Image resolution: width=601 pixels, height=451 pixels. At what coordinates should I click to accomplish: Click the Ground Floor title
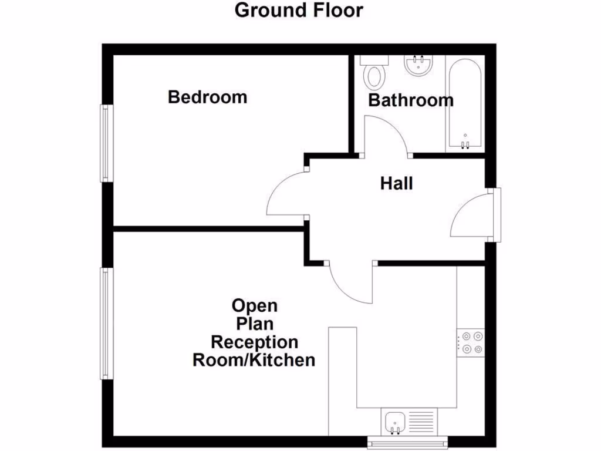coord(299,10)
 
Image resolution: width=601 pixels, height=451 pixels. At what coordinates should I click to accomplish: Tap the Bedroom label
coord(207,96)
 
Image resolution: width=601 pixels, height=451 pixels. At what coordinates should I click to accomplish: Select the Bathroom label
coord(410,100)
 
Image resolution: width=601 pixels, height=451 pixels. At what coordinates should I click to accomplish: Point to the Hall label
coord(396,183)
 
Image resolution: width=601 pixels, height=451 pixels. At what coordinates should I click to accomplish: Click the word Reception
coord(255,342)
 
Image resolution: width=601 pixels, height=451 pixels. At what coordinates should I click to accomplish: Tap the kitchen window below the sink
coord(407,441)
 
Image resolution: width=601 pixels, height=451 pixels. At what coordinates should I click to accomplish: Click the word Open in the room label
coord(255,306)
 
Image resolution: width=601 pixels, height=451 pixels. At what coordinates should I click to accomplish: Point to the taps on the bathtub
coord(465,145)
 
